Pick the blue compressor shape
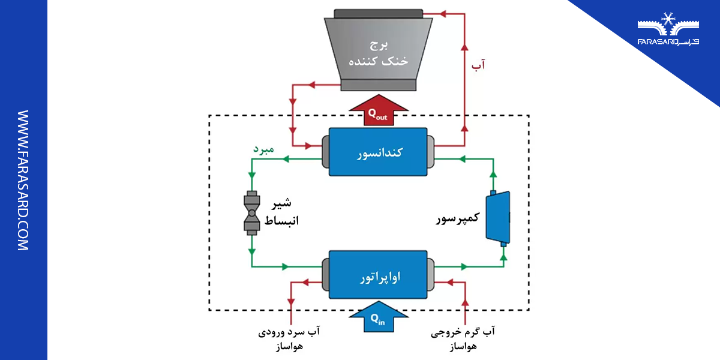(499, 217)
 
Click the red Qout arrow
(378, 111)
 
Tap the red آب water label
(479, 64)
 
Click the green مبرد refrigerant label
(263, 148)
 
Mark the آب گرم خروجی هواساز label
(464, 338)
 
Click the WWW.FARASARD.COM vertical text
(23, 180)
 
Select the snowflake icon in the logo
(667, 19)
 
